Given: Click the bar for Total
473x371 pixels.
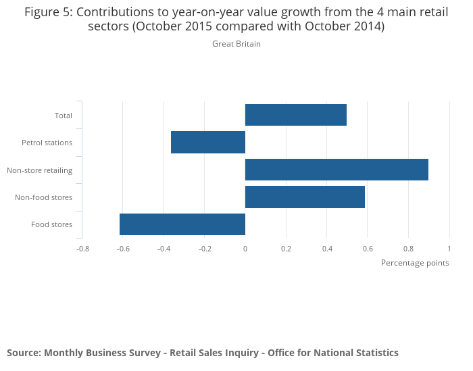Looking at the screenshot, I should coord(295,115).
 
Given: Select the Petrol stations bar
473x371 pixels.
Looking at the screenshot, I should coord(208,143).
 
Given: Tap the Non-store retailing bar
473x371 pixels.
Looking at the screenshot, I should coord(337,170).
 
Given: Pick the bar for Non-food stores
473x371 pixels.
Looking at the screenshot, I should coord(305,197).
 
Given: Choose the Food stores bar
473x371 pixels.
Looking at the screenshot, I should coord(182,224).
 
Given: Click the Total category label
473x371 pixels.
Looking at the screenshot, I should coord(64,116).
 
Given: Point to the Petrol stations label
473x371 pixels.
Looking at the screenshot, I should coord(47,143).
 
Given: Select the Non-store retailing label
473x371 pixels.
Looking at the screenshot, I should coord(39,170).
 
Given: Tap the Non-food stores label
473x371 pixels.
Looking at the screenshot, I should coord(43,197).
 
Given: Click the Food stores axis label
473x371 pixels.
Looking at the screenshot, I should coord(51,224).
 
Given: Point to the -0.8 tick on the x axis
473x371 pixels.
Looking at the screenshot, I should coord(82,249).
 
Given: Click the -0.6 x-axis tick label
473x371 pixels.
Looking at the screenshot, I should coord(122,249).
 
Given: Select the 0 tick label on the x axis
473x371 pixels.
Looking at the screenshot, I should coord(245,249).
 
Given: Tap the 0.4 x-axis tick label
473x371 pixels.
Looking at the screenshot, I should coord(326,249).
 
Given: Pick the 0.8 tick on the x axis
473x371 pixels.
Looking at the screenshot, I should coord(408,249).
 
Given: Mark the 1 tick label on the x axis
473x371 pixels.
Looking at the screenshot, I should coord(449,249).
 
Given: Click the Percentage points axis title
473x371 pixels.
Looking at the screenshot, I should coord(415,263).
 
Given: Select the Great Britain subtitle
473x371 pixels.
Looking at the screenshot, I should coord(236,44).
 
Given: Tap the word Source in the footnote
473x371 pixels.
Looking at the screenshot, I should coord(23,353).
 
